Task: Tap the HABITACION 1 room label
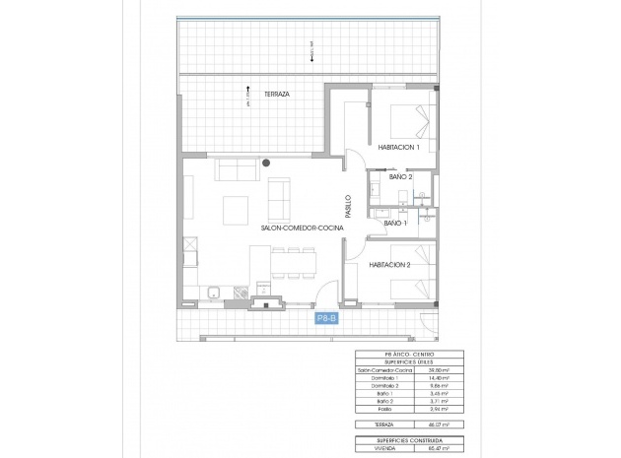(397, 148)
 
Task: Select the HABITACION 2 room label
(390, 264)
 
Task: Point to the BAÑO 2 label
(400, 177)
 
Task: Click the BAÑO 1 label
(394, 224)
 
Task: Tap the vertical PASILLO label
(348, 206)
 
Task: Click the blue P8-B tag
(326, 318)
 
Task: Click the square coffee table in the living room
(236, 209)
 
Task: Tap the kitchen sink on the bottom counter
(213, 291)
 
